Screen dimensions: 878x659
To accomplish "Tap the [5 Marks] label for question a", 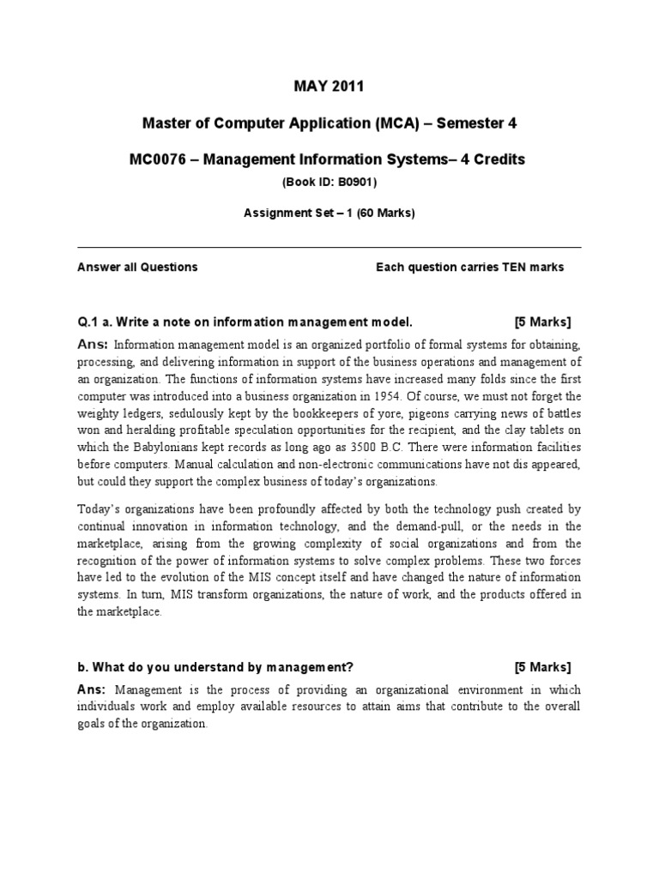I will pos(542,322).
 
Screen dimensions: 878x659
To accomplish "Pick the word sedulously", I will pos(180,412).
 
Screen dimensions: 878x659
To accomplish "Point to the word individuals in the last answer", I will pos(107,706).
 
